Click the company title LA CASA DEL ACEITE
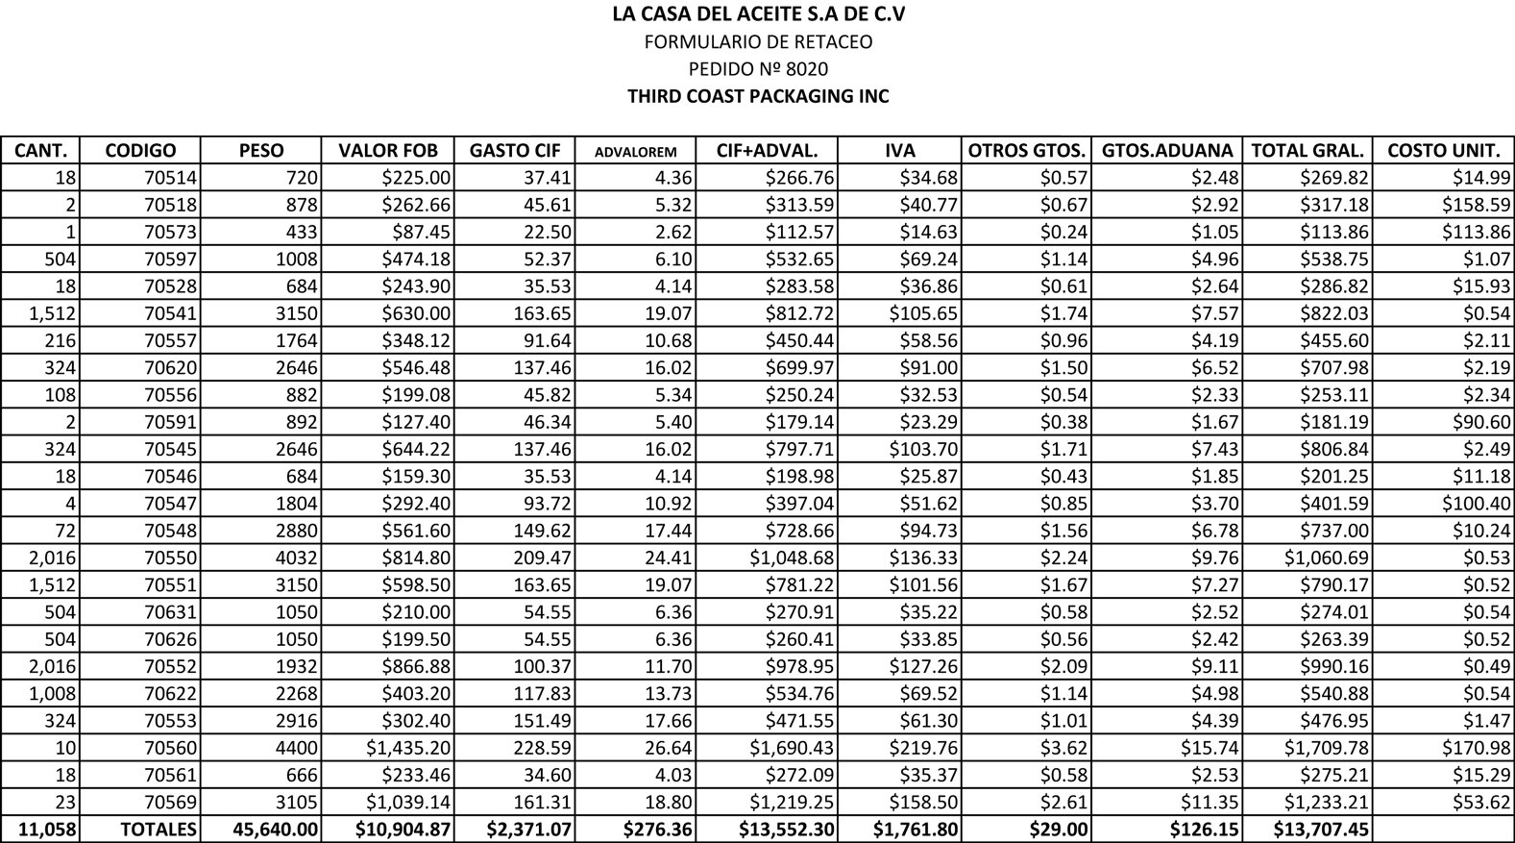[x=758, y=14]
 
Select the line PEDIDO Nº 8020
[x=758, y=69]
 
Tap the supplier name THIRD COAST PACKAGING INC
[x=758, y=96]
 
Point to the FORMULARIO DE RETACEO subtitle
[x=758, y=42]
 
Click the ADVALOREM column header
[x=635, y=152]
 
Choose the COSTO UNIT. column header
[x=1443, y=151]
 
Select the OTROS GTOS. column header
[x=1026, y=151]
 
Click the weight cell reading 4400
[x=297, y=748]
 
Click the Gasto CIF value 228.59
[x=542, y=748]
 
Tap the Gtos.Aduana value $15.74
[x=1210, y=748]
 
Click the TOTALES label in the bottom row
[x=159, y=830]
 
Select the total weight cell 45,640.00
[x=276, y=830]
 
